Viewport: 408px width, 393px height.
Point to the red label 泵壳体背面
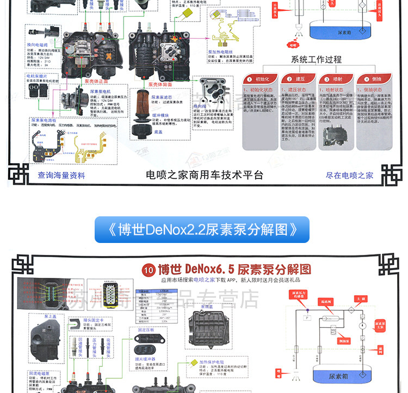pyautogui.click(x=162, y=84)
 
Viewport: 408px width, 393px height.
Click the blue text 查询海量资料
pyautogui.click(x=61, y=176)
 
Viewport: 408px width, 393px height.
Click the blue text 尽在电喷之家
pyautogui.click(x=349, y=176)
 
